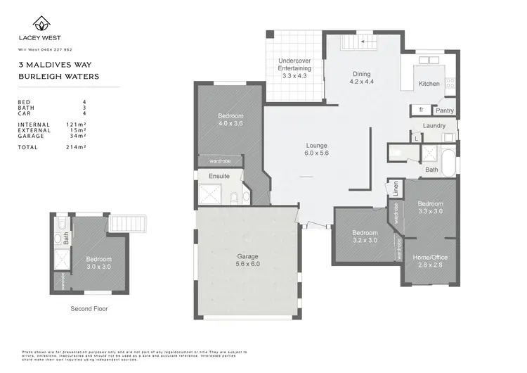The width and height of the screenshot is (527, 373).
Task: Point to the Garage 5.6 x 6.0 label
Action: pyautogui.click(x=247, y=260)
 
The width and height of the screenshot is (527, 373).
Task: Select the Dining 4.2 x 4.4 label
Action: pyautogui.click(x=361, y=78)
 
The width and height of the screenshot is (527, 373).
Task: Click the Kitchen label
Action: pyautogui.click(x=429, y=84)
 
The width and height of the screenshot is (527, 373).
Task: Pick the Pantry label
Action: pyautogui.click(x=444, y=110)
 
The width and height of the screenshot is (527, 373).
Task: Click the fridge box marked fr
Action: pyautogui.click(x=422, y=110)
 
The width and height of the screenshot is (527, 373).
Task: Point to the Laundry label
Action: pyautogui.click(x=434, y=126)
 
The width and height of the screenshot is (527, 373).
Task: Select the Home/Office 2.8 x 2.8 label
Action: pyautogui.click(x=429, y=261)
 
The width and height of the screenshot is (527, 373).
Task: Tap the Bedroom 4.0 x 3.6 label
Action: pyautogui.click(x=230, y=120)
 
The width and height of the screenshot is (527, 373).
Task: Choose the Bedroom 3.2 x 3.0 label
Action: pyautogui.click(x=365, y=236)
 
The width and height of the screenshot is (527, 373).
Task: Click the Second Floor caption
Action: pyautogui.click(x=89, y=308)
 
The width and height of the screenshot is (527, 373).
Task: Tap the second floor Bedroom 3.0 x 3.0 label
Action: pyautogui.click(x=98, y=263)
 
